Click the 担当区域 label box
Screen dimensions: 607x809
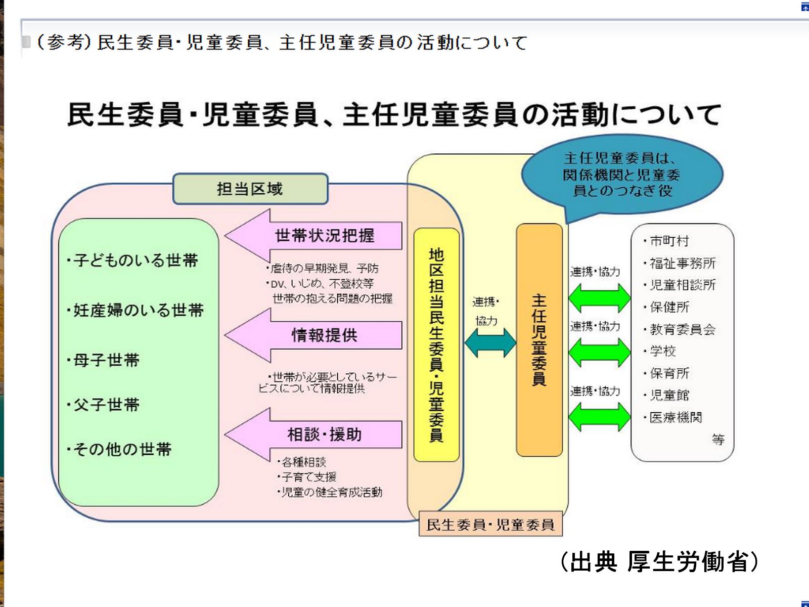tap(250, 189)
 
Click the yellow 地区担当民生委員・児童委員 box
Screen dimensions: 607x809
tap(436, 345)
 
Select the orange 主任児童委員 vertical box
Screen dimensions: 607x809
tap(539, 340)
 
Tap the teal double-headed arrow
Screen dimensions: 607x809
tap(490, 342)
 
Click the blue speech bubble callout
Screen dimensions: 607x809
tap(621, 175)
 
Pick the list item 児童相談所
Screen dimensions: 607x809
tap(683, 285)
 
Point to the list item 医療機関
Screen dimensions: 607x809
tap(676, 417)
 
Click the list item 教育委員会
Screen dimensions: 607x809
tap(683, 329)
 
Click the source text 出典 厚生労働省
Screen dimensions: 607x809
tap(660, 561)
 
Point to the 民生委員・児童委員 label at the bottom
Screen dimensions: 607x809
tap(490, 525)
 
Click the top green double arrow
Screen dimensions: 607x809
tap(600, 297)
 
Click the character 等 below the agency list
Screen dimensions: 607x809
tap(718, 439)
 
